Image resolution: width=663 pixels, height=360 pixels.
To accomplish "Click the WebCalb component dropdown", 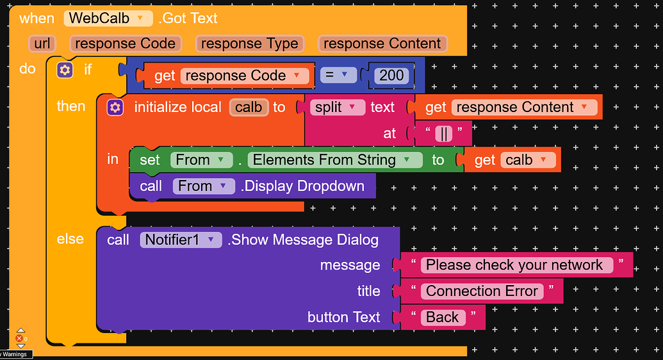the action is [x=108, y=18].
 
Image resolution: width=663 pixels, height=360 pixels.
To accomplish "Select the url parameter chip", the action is [x=42, y=44].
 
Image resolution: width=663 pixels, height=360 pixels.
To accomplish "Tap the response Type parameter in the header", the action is [x=249, y=44].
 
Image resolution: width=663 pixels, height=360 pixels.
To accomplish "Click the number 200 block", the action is [x=391, y=76].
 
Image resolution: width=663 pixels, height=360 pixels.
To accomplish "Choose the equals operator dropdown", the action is [x=338, y=76].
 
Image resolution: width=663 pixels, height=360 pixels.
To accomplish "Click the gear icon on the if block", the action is [x=65, y=70].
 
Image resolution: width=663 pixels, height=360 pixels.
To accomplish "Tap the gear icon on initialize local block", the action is [x=115, y=108].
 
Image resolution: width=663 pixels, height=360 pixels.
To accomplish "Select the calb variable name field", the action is [x=249, y=108].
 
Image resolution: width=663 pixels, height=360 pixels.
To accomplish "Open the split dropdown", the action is [x=337, y=108].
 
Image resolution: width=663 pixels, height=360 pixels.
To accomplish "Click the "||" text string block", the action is [x=443, y=134].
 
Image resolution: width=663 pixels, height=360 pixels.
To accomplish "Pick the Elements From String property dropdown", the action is [x=335, y=160].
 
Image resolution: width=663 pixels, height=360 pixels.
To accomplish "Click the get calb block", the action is [x=512, y=160].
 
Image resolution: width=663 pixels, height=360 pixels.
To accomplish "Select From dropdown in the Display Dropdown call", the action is [x=203, y=186].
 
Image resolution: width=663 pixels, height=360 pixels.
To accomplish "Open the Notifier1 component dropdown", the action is [x=181, y=240].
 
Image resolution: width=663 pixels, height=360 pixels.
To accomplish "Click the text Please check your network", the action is [x=514, y=265].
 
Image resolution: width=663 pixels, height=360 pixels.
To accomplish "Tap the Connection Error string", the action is [x=482, y=291].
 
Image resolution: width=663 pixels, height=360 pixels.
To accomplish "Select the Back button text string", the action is [x=443, y=318].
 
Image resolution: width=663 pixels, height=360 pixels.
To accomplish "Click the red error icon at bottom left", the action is [x=19, y=338].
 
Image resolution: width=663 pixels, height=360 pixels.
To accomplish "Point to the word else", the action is [x=70, y=239].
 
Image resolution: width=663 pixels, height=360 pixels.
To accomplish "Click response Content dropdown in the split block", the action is [x=524, y=108].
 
